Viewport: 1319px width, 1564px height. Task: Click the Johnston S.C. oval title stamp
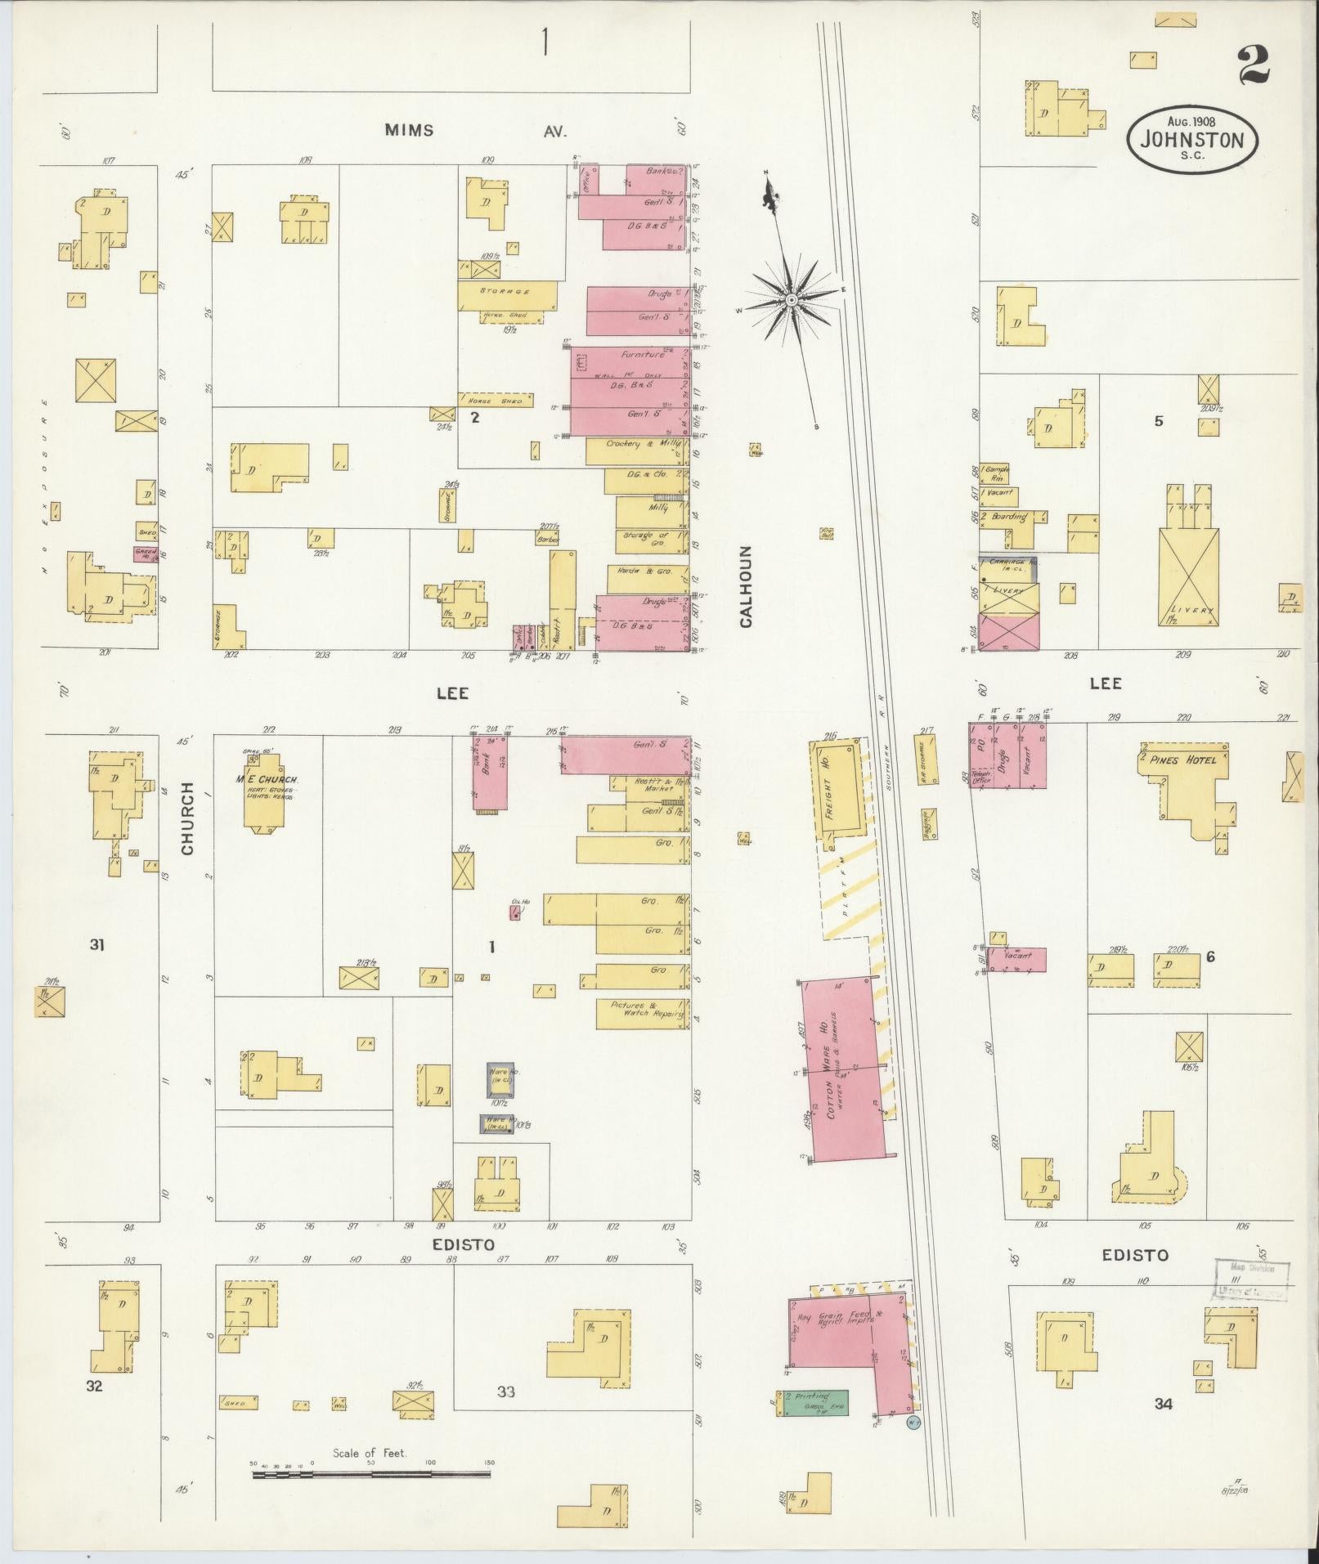coord(1192,139)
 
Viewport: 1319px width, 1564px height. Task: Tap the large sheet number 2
coord(1252,66)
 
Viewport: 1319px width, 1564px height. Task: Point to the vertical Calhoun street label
coord(746,586)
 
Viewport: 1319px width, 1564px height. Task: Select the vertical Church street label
coord(188,818)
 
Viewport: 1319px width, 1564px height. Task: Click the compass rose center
coord(791,302)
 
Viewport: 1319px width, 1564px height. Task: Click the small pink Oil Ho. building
coord(516,914)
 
